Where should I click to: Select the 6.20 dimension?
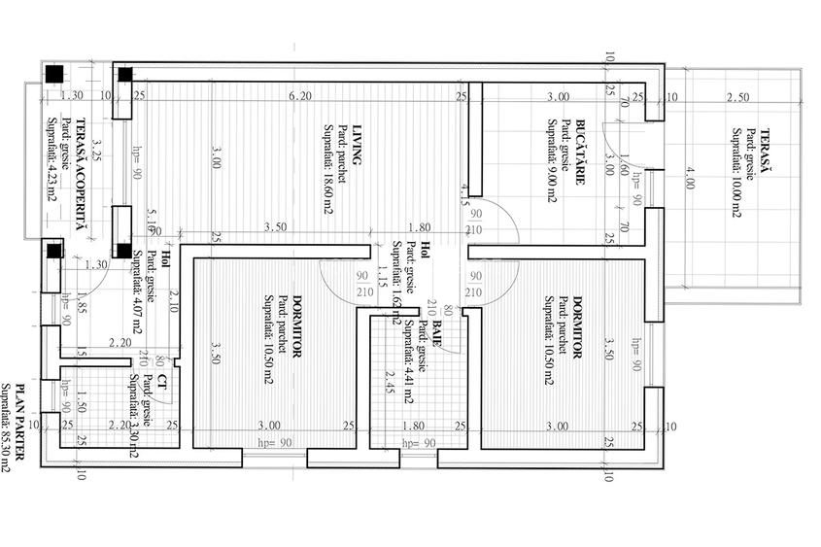300,96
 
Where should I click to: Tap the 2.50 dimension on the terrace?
738,97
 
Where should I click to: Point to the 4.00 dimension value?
690,179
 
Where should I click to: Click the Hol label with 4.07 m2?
165,258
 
